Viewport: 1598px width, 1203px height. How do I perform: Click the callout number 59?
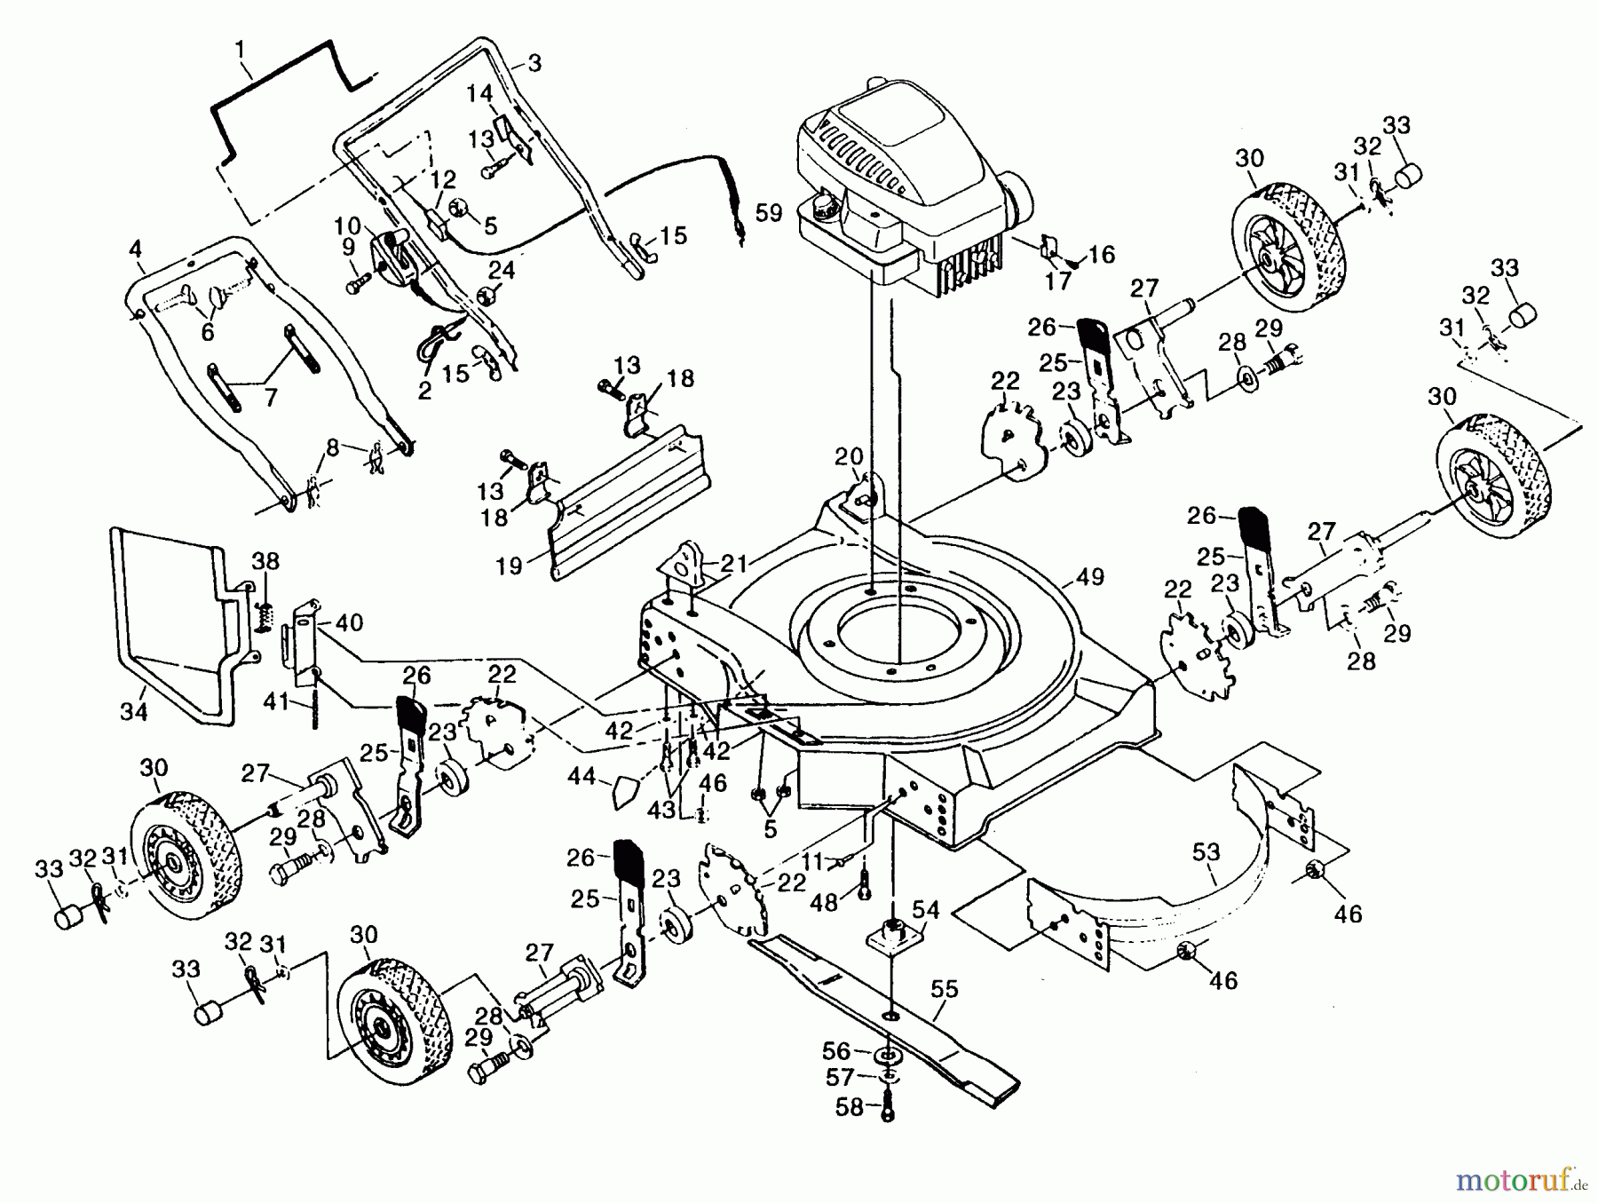click(769, 213)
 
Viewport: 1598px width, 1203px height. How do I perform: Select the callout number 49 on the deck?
click(1089, 577)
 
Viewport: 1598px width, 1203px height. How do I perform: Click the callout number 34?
click(133, 711)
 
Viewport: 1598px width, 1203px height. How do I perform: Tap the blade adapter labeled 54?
click(893, 935)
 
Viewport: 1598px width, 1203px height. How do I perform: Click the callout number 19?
click(509, 566)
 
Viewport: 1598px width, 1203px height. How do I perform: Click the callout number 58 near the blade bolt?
click(850, 1108)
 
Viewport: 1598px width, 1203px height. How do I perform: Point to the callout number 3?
click(534, 63)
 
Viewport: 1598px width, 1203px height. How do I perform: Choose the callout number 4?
click(135, 249)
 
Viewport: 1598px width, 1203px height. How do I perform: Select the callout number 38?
click(265, 561)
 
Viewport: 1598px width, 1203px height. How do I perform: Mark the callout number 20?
click(849, 456)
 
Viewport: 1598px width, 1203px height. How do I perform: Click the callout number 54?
click(926, 909)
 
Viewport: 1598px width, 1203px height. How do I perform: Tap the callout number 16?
click(1101, 256)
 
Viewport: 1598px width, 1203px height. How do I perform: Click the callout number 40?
click(349, 622)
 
